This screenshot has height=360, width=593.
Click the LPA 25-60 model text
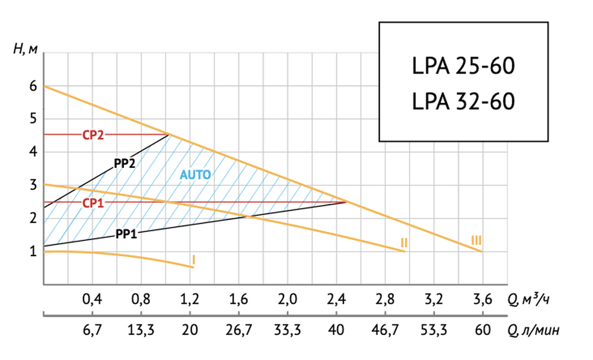(x=463, y=65)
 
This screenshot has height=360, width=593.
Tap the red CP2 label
(x=93, y=135)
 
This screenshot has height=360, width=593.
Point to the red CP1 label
(x=93, y=202)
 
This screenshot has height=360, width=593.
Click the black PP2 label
(x=125, y=163)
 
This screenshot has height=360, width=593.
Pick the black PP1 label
(x=126, y=234)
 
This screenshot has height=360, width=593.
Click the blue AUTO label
(x=196, y=174)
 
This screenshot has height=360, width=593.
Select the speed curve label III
(x=476, y=240)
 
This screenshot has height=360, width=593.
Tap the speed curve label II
(x=403, y=242)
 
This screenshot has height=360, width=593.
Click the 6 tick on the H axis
(x=33, y=87)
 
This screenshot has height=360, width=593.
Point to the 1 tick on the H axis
(x=33, y=251)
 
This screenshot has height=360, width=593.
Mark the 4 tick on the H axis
(x=33, y=152)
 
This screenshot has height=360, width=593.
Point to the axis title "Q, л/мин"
(x=533, y=329)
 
